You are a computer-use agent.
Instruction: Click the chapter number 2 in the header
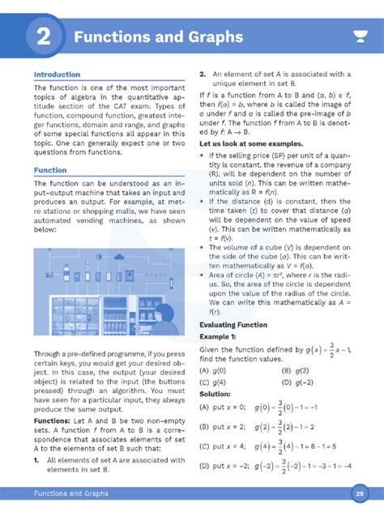[x=45, y=36]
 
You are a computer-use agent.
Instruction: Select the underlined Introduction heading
[x=57, y=75]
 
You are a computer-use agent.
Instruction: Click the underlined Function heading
[x=50, y=171]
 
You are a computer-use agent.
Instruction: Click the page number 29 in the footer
[x=359, y=493]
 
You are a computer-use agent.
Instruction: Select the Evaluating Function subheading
[x=233, y=325]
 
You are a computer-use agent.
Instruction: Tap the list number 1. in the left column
[x=37, y=459]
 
